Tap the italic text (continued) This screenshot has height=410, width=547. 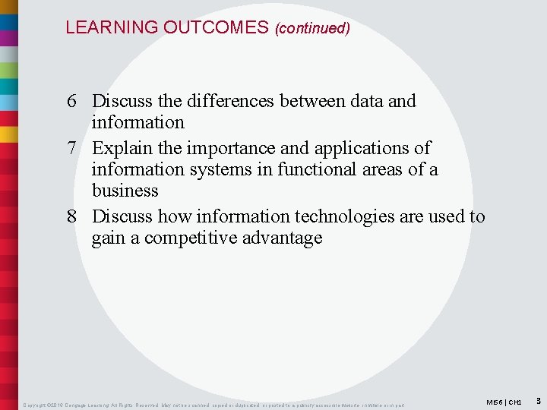coord(312,28)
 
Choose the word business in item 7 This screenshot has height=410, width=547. coord(125,191)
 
